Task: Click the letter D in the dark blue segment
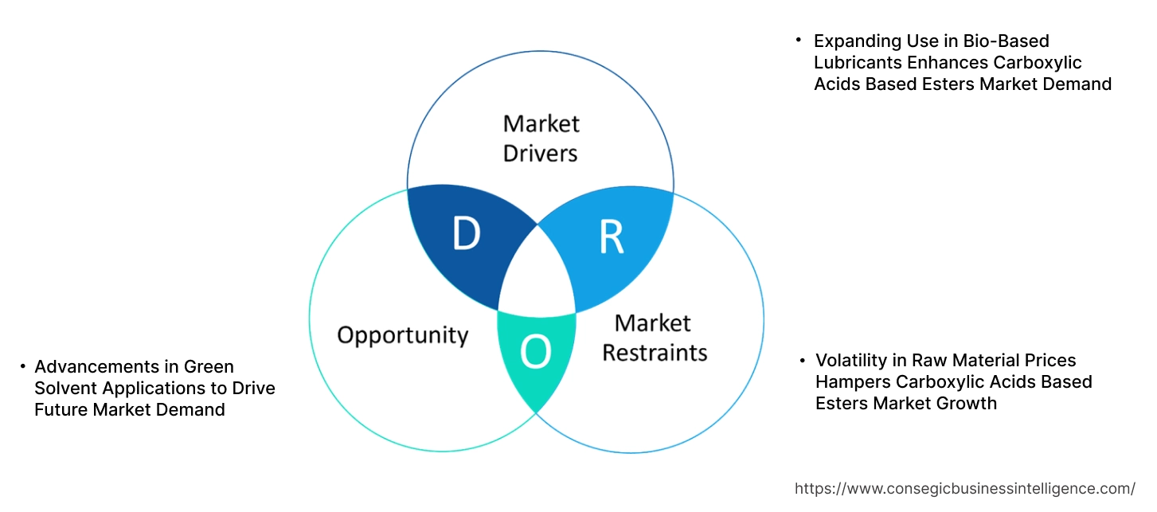tap(466, 234)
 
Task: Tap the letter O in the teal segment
tap(536, 354)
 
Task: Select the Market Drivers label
tap(541, 138)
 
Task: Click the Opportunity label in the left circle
tap(402, 334)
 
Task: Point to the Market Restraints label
tap(654, 338)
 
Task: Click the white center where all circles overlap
tap(537, 275)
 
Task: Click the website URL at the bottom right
tap(965, 488)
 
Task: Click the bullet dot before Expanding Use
tap(799, 39)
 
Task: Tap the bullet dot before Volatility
tap(802, 360)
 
